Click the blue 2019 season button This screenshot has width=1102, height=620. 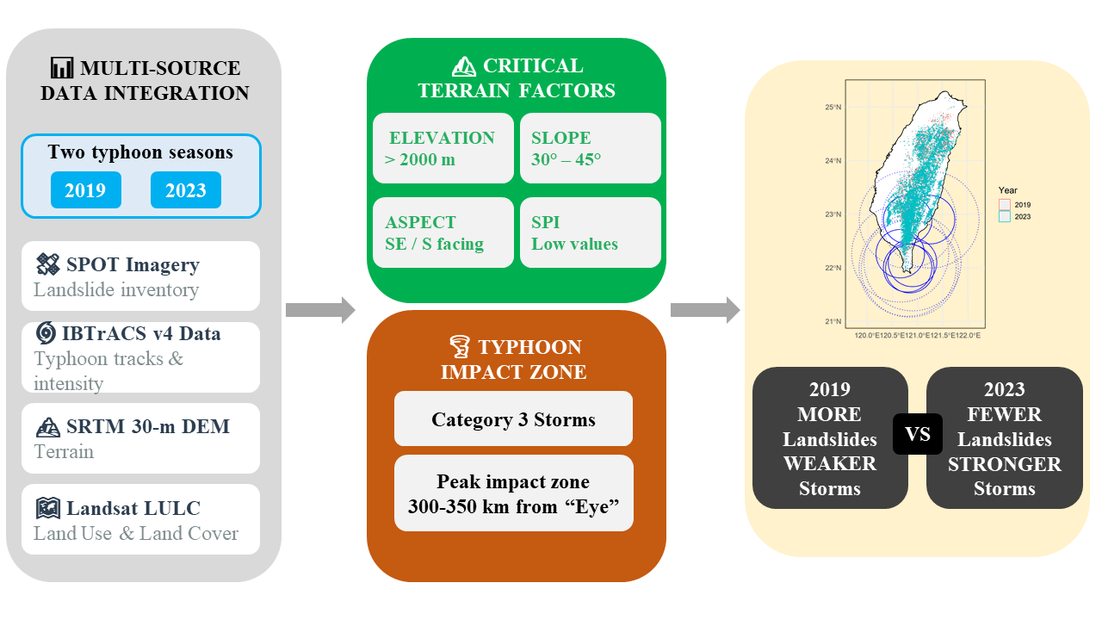pyautogui.click(x=85, y=190)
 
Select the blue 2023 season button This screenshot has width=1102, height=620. pyautogui.click(x=185, y=190)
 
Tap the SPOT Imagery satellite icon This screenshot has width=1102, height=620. pyautogui.click(x=46, y=263)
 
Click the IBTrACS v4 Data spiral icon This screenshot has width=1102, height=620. pyautogui.click(x=46, y=332)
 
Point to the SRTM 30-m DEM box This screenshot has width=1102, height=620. pyautogui.click(x=140, y=438)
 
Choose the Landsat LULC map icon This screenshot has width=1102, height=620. pyautogui.click(x=46, y=508)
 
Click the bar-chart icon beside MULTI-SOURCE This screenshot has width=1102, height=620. pyautogui.click(x=62, y=68)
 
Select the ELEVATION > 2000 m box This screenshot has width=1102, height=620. pyautogui.click(x=443, y=148)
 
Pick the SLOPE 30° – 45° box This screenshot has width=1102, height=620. pyautogui.click(x=590, y=148)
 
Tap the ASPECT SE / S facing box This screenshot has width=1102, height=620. pyautogui.click(x=443, y=232)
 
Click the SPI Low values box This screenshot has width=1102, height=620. pyautogui.click(x=590, y=232)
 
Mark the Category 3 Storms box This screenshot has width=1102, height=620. pyautogui.click(x=513, y=419)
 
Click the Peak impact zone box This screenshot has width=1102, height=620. pyautogui.click(x=513, y=493)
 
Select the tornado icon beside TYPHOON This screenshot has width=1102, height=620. pyautogui.click(x=459, y=347)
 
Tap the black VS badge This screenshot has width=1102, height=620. pyautogui.click(x=918, y=434)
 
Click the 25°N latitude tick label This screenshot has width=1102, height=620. pyautogui.click(x=832, y=108)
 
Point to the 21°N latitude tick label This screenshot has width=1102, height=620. pyautogui.click(x=832, y=322)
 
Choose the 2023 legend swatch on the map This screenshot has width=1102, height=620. pyautogui.click(x=1004, y=216)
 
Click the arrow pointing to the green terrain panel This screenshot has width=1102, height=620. pyautogui.click(x=320, y=310)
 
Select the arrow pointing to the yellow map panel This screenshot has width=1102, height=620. pyautogui.click(x=705, y=310)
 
